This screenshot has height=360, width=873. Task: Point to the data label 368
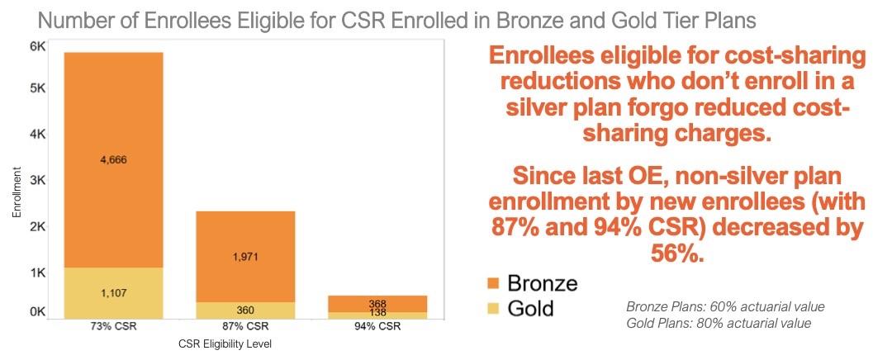(x=377, y=303)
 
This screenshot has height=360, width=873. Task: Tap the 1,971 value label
(x=245, y=257)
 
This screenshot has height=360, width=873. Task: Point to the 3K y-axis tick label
(x=36, y=179)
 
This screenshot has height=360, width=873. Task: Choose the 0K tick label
(x=36, y=312)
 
